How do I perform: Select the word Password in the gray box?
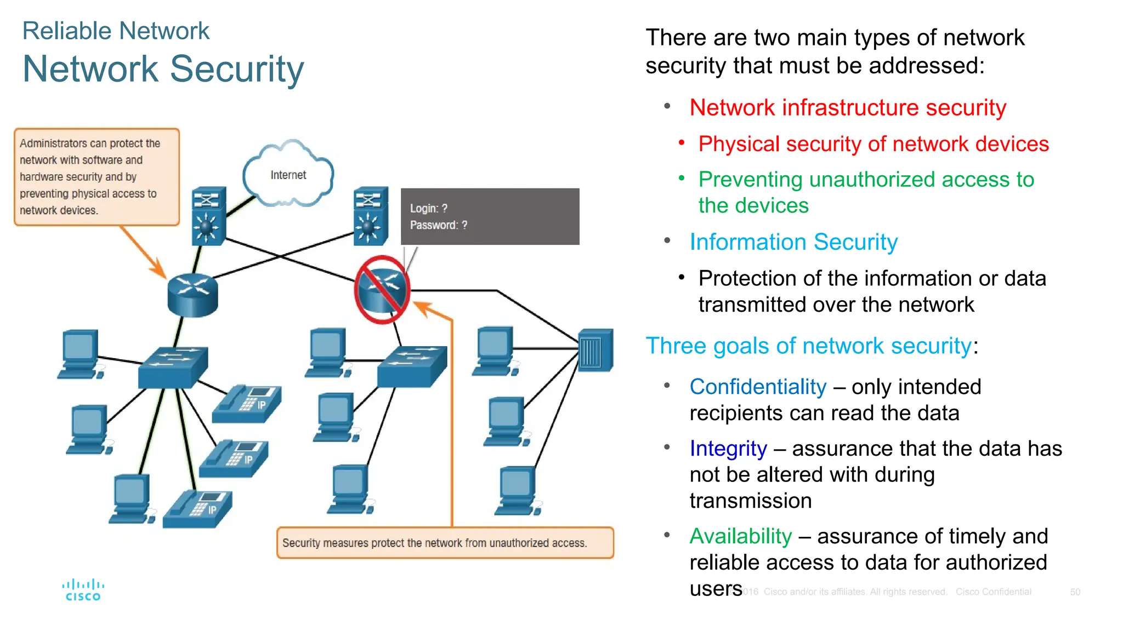[x=433, y=225]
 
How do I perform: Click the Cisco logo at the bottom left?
[x=83, y=590]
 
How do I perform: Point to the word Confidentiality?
[x=757, y=387]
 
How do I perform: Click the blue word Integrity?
[x=728, y=449]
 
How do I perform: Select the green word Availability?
[x=740, y=536]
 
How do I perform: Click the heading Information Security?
[x=793, y=242]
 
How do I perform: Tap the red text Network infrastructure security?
[x=847, y=107]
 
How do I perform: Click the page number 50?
[x=1075, y=592]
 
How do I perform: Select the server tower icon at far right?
[x=596, y=351]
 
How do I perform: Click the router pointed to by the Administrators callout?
[x=192, y=295]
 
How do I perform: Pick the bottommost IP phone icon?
[x=198, y=509]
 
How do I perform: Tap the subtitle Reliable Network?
[x=116, y=31]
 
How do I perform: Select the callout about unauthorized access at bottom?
[x=445, y=543]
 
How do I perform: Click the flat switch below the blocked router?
[x=412, y=366]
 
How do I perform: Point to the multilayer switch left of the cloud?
[x=208, y=216]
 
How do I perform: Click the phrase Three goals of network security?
[x=808, y=346]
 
